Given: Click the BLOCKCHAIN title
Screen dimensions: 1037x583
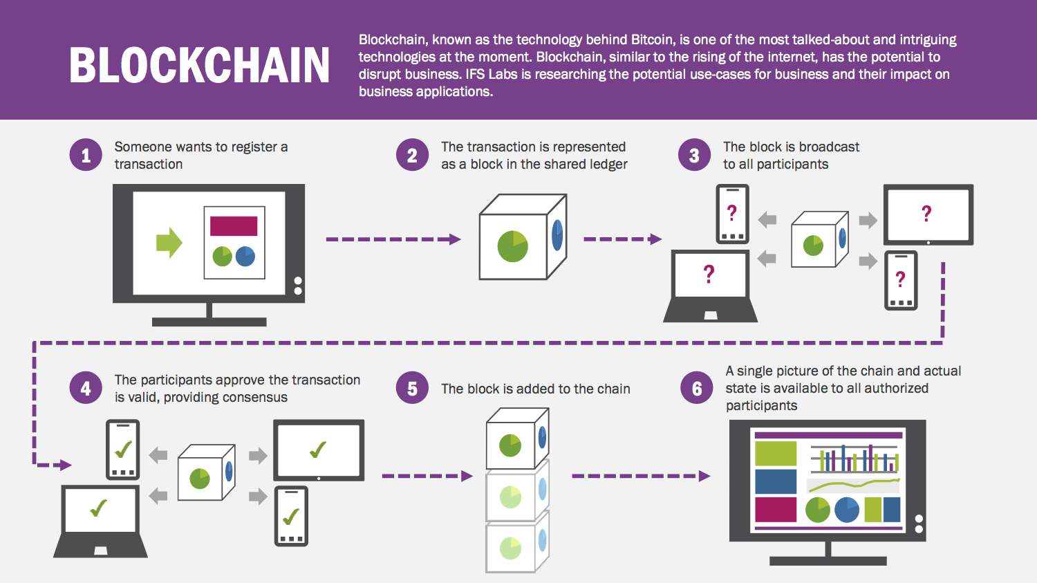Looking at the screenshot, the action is (x=200, y=65).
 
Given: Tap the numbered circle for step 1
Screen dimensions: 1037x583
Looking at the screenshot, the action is (x=86, y=155).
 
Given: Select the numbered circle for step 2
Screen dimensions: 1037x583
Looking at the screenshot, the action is (x=412, y=155).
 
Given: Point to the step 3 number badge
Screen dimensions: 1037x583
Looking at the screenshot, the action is (x=694, y=155).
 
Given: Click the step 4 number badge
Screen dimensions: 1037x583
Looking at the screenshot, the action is (x=86, y=388).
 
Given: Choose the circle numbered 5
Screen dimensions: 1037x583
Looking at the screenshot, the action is (x=412, y=388).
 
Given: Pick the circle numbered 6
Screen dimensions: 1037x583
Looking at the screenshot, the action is (x=696, y=388).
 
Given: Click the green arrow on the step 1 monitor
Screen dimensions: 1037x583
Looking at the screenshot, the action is (x=169, y=243).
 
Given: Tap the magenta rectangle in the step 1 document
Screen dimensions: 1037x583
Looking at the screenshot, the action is (x=234, y=226).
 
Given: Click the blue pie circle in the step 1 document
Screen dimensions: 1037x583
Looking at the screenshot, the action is (x=245, y=256).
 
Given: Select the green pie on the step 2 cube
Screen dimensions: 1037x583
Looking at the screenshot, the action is (x=512, y=246).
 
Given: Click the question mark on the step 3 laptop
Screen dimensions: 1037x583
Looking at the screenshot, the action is (x=709, y=274).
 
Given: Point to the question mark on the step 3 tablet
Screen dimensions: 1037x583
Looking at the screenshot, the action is (x=926, y=214).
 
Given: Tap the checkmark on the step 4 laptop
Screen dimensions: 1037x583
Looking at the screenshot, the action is (x=99, y=508).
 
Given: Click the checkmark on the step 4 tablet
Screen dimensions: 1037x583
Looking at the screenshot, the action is (x=318, y=450).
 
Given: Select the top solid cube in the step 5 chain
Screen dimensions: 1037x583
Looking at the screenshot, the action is (x=518, y=438).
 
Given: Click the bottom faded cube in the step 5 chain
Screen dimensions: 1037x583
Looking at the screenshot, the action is (x=518, y=542).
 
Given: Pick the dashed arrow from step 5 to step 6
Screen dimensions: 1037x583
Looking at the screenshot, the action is (x=641, y=476).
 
